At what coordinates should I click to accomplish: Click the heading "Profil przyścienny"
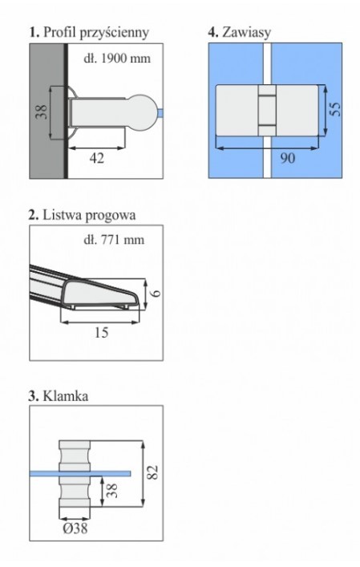95,33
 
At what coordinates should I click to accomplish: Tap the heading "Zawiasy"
246,33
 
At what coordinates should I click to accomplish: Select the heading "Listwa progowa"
89,215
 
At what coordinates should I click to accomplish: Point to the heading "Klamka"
66,396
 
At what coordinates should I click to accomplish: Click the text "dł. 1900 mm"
117,59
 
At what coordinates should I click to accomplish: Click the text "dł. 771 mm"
114,240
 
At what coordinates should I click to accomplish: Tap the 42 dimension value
96,158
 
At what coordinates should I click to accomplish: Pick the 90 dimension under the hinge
287,158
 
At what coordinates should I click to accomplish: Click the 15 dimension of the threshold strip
101,333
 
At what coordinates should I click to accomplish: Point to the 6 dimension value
156,292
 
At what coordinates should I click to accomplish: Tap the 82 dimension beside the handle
153,472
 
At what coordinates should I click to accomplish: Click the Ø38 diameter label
75,529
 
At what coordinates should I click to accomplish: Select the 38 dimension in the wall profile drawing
42,112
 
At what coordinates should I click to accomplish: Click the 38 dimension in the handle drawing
113,491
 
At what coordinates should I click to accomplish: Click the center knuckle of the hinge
267,111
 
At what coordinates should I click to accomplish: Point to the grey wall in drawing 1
47,111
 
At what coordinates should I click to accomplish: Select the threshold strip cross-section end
101,294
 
